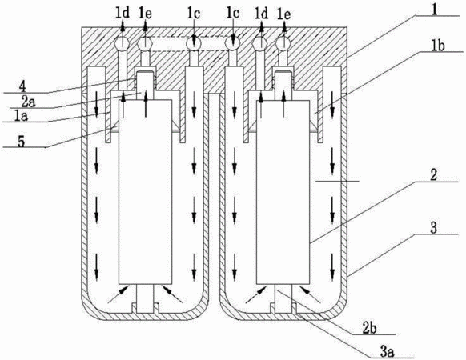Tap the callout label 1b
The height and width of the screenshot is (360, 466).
439,46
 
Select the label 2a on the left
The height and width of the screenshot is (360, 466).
28,102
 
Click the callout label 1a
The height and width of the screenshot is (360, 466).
21,116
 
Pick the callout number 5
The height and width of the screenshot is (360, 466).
21,142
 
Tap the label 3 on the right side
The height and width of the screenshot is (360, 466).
434,228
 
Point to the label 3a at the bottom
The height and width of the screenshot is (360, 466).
388,353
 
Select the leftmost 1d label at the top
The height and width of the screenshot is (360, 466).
123,14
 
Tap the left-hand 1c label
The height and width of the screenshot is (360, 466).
193,14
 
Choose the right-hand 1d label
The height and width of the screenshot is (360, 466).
262,14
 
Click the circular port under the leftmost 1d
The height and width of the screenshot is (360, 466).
122,44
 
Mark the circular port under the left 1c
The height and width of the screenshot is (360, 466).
194,43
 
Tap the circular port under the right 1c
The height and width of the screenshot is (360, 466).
233,43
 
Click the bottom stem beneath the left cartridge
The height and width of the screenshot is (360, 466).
146,298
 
